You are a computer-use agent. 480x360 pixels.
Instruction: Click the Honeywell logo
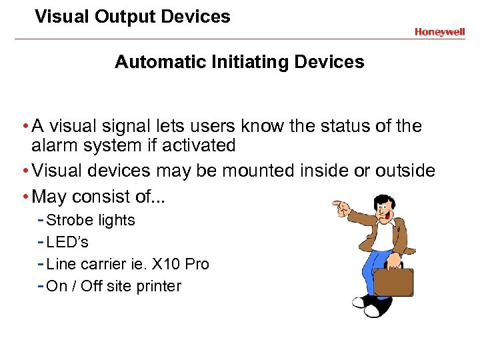click(439, 32)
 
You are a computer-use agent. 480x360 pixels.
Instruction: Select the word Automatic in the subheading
click(160, 63)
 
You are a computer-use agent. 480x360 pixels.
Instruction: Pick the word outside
click(405, 171)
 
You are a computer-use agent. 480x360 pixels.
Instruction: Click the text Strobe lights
click(91, 221)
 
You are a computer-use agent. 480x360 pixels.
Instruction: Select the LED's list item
click(67, 242)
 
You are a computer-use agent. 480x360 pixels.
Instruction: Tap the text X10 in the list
click(167, 264)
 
